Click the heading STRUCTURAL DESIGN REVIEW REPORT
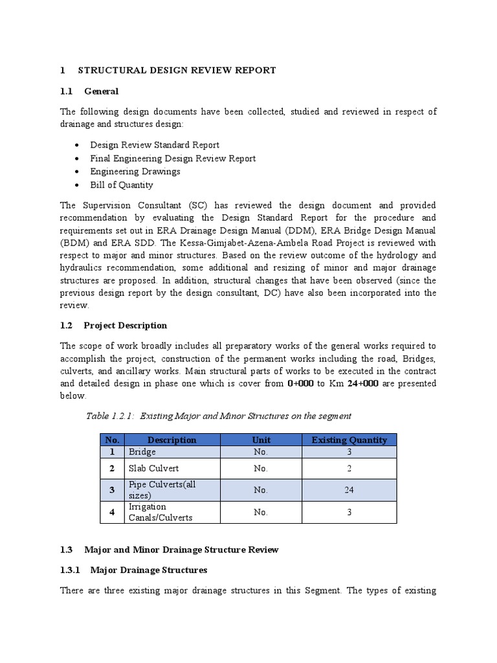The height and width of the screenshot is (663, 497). [177, 70]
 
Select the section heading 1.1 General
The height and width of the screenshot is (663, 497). [101, 91]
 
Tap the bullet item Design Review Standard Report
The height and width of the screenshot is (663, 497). [155, 145]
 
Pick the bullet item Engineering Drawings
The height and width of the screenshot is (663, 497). [135, 172]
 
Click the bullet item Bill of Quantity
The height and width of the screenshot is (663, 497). [122, 185]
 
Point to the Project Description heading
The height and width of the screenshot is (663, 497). [126, 326]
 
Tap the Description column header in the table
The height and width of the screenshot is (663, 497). [171, 440]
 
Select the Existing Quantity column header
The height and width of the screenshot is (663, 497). [349, 440]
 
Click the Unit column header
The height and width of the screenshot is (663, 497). [261, 440]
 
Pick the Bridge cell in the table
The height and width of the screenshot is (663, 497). [142, 452]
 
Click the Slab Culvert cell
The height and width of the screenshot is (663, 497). [154, 468]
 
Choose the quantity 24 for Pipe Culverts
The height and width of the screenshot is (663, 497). [349, 490]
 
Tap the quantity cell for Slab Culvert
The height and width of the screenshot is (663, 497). [349, 468]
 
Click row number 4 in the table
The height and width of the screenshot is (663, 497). [111, 512]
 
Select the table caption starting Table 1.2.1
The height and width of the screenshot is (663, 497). [218, 416]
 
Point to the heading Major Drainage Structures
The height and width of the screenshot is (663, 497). [149, 570]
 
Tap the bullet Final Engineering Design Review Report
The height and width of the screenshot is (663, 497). [173, 158]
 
